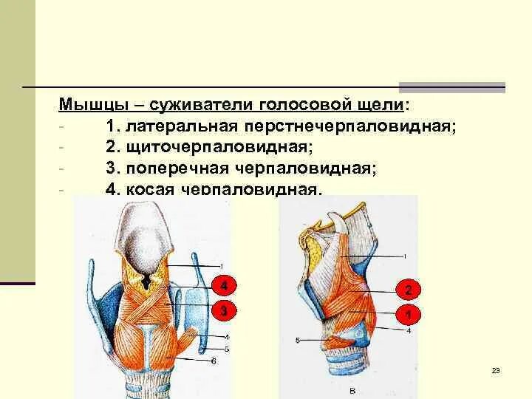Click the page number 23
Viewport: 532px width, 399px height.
[496, 370]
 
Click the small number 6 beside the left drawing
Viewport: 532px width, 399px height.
[214, 361]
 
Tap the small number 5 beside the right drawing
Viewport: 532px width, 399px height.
[297, 341]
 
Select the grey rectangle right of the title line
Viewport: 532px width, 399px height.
[451, 87]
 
